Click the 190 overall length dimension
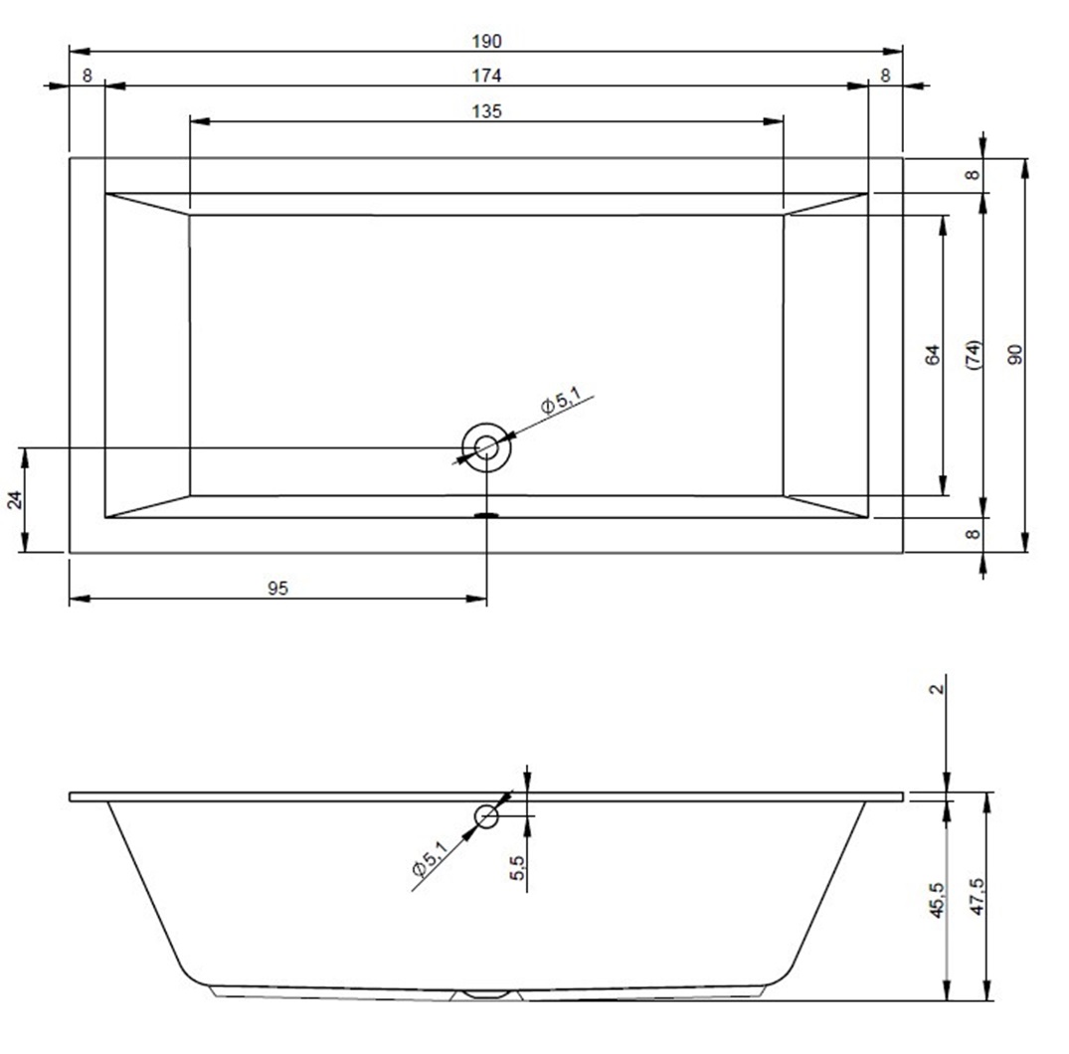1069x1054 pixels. click(x=487, y=42)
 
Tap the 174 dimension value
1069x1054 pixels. click(x=487, y=76)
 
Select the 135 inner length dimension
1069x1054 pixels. click(x=487, y=111)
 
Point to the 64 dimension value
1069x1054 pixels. click(x=933, y=355)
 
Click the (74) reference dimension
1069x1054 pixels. click(x=975, y=355)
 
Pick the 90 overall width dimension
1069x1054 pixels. click(x=1016, y=355)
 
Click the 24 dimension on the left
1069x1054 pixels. click(x=15, y=500)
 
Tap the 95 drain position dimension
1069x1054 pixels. click(x=278, y=588)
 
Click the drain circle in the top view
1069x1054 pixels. click(x=486, y=447)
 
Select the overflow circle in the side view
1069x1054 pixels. click(x=487, y=816)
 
